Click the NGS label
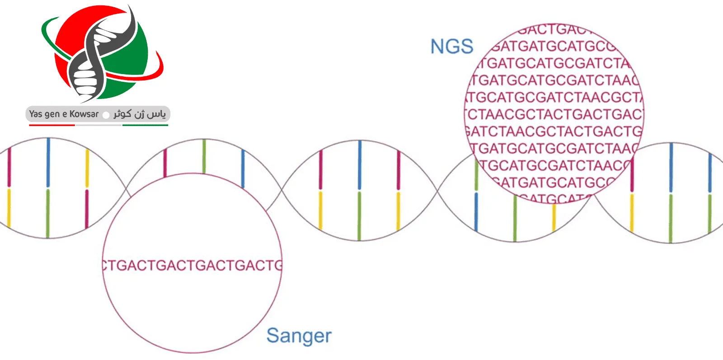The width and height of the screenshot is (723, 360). pyautogui.click(x=451, y=47)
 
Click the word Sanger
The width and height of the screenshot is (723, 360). pyautogui.click(x=299, y=336)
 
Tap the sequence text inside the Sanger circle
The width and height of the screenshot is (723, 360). pyautogui.click(x=192, y=265)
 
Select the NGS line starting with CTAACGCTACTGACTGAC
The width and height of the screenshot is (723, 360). pyautogui.click(x=554, y=115)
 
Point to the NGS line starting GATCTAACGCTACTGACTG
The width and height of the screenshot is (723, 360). pyautogui.click(x=554, y=132)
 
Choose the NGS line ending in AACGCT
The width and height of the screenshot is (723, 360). pyautogui.click(x=555, y=98)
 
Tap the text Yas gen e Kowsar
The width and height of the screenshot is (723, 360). pyautogui.click(x=64, y=114)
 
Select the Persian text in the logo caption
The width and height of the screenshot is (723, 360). pyautogui.click(x=140, y=114)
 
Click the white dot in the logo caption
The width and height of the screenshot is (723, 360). pyautogui.click(x=106, y=115)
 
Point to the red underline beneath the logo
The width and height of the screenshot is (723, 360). pyautogui.click(x=52, y=125)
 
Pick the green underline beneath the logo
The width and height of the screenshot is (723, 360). pyautogui.click(x=145, y=125)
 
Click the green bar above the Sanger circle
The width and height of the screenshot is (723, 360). pyautogui.click(x=204, y=156)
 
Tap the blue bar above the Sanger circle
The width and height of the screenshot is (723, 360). pyautogui.click(x=243, y=168)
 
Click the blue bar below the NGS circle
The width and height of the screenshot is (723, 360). pyautogui.click(x=476, y=211)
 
